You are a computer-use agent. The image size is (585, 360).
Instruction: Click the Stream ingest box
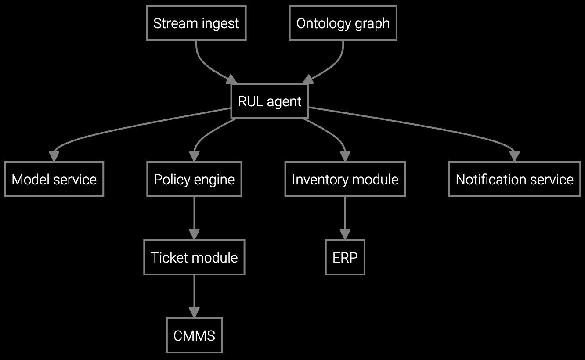click(196, 23)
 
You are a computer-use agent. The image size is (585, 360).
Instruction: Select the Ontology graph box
click(343, 23)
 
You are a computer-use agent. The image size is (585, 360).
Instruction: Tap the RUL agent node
click(269, 101)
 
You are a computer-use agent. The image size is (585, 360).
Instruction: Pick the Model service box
click(54, 179)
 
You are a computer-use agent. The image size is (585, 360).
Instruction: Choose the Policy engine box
click(194, 179)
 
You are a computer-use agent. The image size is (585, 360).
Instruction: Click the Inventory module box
click(345, 179)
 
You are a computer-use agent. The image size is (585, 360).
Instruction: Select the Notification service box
click(514, 179)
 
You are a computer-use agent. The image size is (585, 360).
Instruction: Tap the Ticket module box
click(194, 257)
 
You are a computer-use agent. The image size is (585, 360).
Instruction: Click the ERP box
click(345, 257)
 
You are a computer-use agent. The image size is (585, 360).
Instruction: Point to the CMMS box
click(194, 336)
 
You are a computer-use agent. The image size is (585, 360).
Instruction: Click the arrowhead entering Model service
click(54, 157)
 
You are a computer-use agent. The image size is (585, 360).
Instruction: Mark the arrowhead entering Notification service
click(514, 157)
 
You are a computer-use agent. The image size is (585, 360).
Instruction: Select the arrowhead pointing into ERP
click(345, 234)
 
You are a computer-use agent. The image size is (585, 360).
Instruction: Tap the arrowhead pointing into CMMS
click(194, 313)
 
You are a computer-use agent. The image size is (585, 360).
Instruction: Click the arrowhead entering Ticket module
click(194, 234)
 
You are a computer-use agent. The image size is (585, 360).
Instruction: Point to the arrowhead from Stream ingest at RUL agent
click(231, 79)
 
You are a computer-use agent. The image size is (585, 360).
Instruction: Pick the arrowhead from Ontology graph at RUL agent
click(308, 79)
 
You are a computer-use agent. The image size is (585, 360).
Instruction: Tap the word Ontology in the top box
click(319, 23)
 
